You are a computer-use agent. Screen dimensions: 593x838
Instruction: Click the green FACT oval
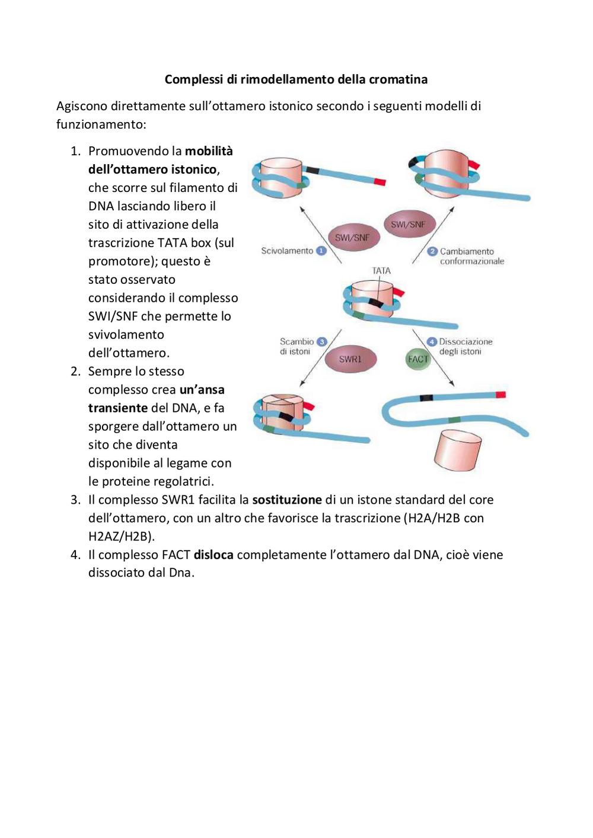(418, 359)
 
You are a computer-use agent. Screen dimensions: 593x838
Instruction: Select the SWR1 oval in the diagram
(350, 359)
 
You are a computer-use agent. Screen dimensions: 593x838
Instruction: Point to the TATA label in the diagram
(381, 270)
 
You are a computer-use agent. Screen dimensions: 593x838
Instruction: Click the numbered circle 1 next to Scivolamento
(321, 251)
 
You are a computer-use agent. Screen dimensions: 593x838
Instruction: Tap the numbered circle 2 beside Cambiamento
(432, 251)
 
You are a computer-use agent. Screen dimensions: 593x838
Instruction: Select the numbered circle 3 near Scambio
(321, 341)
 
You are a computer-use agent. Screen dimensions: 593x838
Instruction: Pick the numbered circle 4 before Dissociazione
(432, 341)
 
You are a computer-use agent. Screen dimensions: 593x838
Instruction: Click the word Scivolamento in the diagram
(287, 251)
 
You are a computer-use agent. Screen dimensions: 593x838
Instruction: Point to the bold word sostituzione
(287, 500)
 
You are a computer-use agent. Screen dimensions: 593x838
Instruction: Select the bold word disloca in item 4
(213, 555)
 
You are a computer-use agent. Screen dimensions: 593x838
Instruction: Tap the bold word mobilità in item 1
(209, 151)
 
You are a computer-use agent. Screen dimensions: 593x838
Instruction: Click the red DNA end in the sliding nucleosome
(380, 182)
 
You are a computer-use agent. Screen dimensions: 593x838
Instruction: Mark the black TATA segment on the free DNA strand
(426, 398)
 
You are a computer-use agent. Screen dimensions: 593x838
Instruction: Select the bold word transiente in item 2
(118, 408)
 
